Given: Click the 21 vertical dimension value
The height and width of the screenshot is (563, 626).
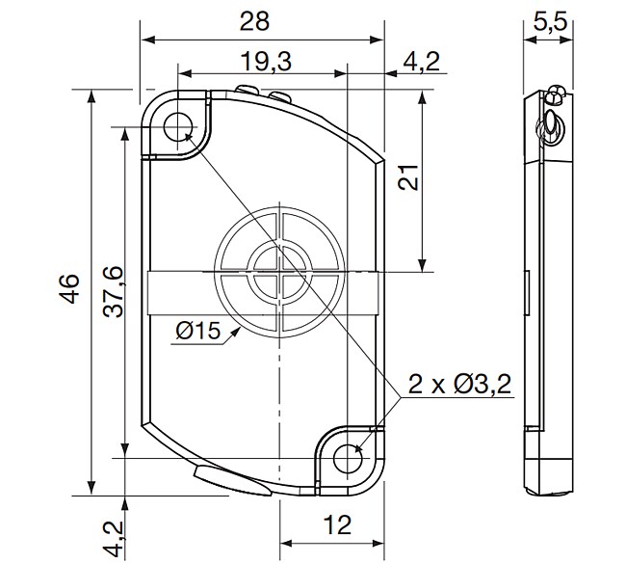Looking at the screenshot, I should [407, 179].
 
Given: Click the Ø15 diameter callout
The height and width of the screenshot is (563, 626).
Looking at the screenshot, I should [198, 332].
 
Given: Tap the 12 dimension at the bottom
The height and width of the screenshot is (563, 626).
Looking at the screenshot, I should [335, 525].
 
